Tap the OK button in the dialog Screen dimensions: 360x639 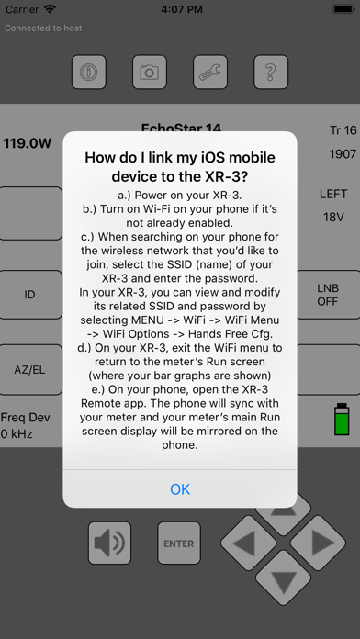tap(180, 488)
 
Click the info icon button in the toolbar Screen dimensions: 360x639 tap(89, 73)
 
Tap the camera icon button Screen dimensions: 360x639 tap(150, 73)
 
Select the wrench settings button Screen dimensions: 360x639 tap(210, 73)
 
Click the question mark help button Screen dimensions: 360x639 tap(271, 73)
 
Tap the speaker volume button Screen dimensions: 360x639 tap(109, 544)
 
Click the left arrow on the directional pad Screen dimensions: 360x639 tap(249, 544)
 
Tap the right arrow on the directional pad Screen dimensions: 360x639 tap(318, 544)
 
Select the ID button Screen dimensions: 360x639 tap(29, 294)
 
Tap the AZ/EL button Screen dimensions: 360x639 tap(29, 370)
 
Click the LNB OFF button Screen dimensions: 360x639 tap(328, 294)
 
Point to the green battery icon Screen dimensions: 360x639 tap(342, 419)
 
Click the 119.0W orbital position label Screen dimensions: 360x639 tap(28, 143)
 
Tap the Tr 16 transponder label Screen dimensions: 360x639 tap(343, 130)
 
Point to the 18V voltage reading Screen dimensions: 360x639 tap(333, 217)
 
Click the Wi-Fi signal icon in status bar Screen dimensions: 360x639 tap(51, 9)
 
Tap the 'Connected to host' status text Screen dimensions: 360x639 tap(43, 28)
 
